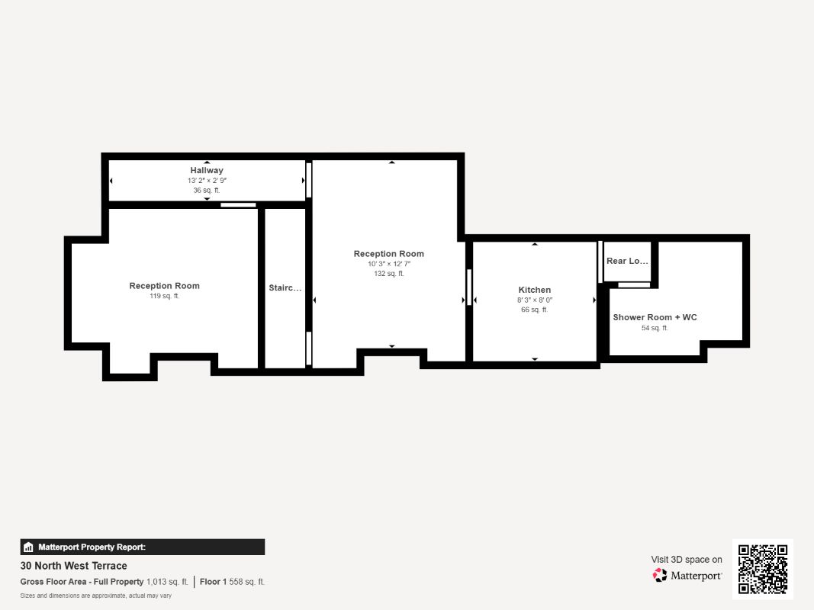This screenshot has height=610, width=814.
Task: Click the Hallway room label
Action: (x=207, y=170)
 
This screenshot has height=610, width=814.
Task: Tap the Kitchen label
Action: (x=534, y=290)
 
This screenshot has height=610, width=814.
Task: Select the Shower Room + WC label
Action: (x=655, y=317)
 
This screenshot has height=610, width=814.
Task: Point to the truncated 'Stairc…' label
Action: (x=285, y=288)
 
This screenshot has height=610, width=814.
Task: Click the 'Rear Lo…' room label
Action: (x=627, y=261)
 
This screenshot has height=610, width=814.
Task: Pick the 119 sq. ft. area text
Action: (x=164, y=296)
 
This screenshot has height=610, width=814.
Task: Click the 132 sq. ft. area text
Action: (x=389, y=274)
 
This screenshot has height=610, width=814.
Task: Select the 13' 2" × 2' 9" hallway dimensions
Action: (x=208, y=181)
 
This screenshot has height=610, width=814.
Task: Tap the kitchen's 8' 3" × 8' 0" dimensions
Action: (x=535, y=300)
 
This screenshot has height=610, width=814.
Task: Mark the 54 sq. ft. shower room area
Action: (x=655, y=329)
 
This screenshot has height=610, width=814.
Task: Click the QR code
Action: (x=763, y=569)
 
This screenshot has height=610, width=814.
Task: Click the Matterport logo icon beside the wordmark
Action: (x=660, y=575)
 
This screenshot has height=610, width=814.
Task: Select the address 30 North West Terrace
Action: (x=74, y=566)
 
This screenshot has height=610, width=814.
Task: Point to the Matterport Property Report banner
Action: (x=142, y=547)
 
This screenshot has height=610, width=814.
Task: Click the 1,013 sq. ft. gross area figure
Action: (x=167, y=582)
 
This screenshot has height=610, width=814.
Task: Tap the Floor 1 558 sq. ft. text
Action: (x=232, y=582)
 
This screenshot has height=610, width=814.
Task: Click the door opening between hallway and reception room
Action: (x=238, y=205)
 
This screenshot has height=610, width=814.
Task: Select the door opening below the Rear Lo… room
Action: (x=634, y=284)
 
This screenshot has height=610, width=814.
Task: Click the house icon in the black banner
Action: (x=28, y=547)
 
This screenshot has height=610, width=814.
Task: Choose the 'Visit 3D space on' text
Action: (x=687, y=560)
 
